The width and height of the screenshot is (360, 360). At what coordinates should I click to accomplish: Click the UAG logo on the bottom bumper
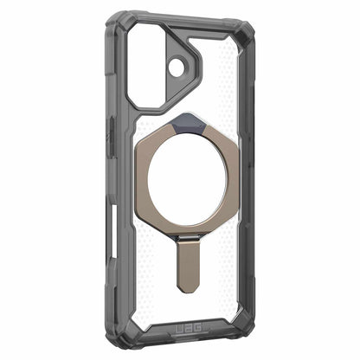click(189, 329)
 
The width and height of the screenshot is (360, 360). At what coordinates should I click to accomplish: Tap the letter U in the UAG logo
click(180, 329)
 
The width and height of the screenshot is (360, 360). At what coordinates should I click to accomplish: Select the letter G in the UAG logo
click(198, 328)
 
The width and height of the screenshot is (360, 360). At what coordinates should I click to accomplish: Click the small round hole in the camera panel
click(177, 67)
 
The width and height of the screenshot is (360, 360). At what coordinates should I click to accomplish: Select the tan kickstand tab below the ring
click(189, 266)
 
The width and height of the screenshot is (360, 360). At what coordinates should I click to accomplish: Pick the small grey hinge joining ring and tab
click(188, 237)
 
